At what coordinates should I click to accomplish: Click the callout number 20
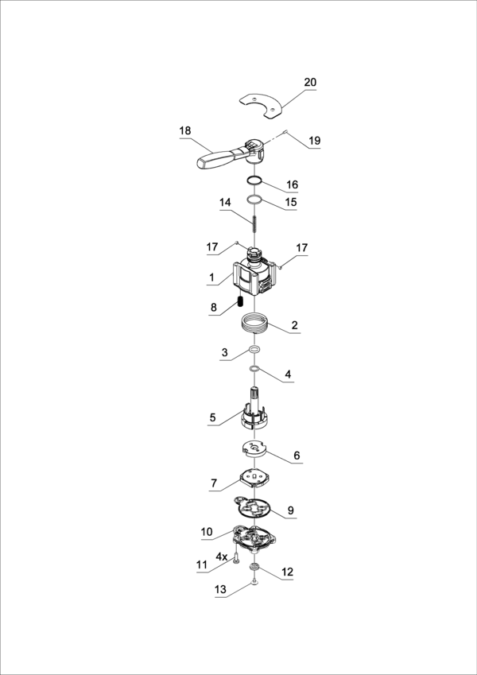tap(310, 82)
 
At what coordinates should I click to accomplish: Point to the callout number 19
tap(314, 141)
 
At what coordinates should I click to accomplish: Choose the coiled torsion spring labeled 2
tap(255, 323)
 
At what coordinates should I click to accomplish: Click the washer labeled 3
tap(254, 350)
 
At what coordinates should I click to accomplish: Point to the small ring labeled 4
tap(254, 368)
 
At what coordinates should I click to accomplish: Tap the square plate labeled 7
tap(255, 477)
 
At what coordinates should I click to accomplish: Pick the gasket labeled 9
tap(252, 508)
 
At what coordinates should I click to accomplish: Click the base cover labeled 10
tap(255, 539)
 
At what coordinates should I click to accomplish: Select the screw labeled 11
tap(236, 559)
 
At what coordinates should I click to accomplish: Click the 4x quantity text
tap(222, 557)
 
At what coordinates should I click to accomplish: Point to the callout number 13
tap(220, 590)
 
